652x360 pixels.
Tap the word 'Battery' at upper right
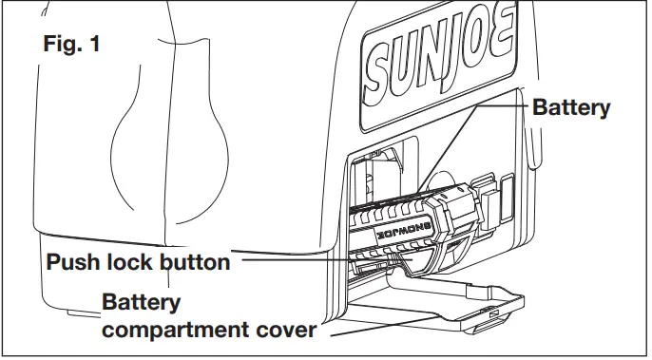click(x=570, y=107)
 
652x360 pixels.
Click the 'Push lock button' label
click(x=139, y=262)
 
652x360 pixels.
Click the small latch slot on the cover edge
click(x=491, y=312)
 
